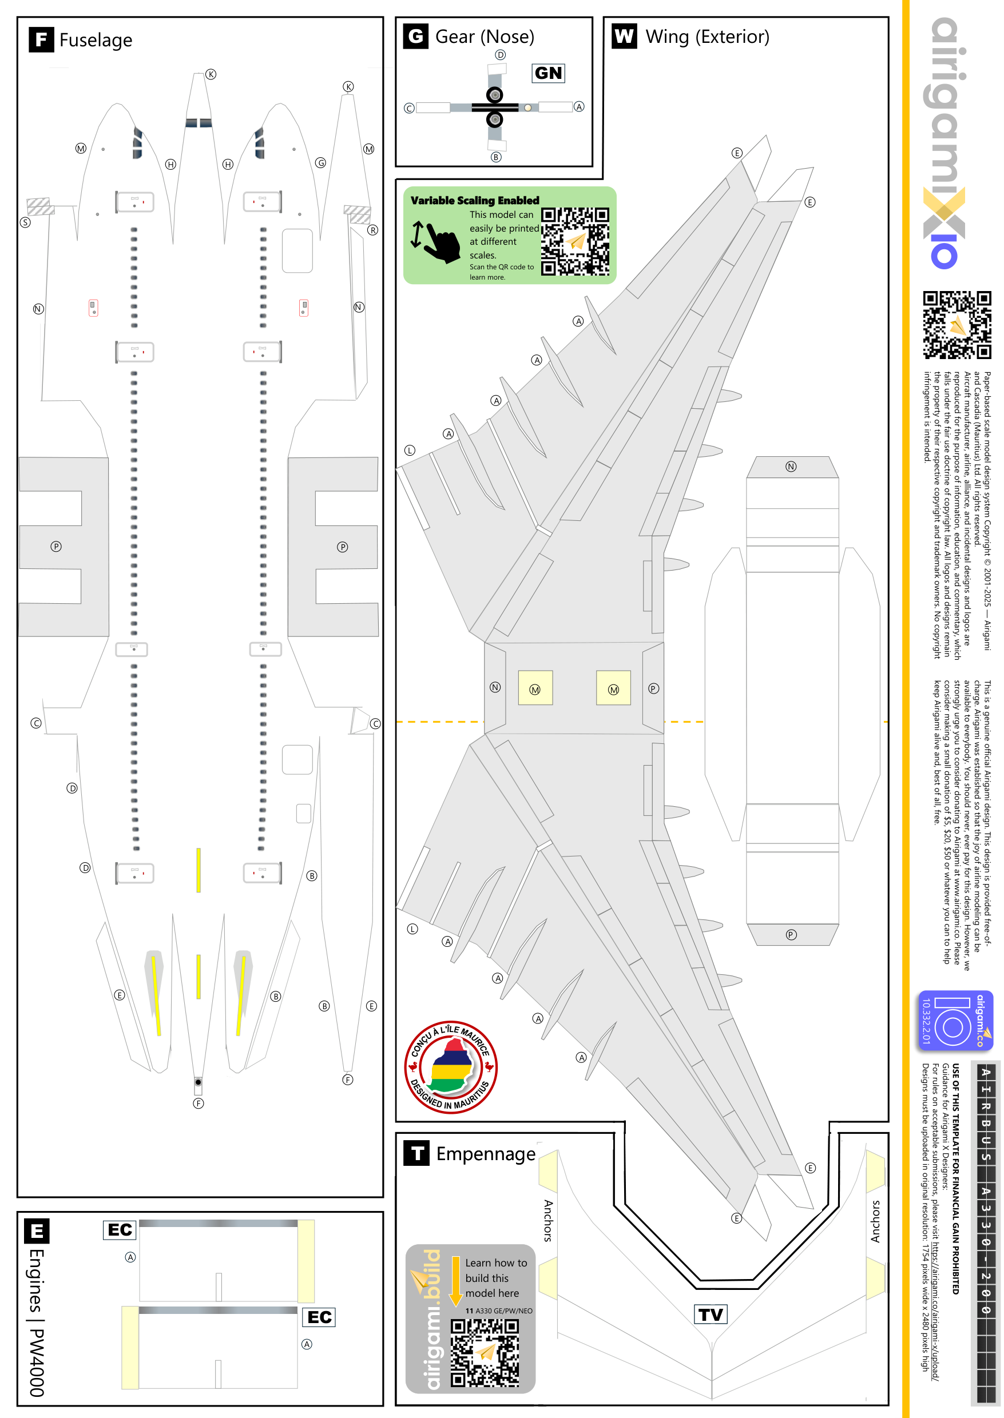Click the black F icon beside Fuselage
point(41,39)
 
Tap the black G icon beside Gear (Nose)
point(416,37)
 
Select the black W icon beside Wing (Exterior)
point(624,37)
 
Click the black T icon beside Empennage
point(416,1153)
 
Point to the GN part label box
point(549,73)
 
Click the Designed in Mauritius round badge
point(451,1068)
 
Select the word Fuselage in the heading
point(96,40)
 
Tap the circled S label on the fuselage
point(25,222)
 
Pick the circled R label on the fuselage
point(373,230)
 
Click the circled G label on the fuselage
point(320,163)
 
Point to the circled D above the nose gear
point(501,55)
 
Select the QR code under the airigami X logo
point(957,325)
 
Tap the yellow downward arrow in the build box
point(455,1281)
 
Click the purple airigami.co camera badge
point(955,1021)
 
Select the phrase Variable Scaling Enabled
point(475,200)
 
